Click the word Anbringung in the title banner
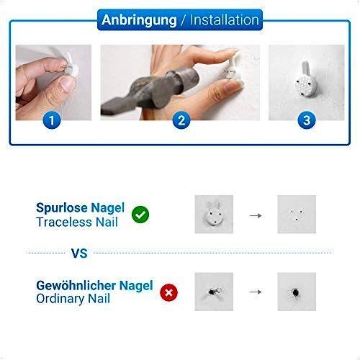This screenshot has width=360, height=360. [x=139, y=20]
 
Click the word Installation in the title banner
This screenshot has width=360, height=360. [x=225, y=20]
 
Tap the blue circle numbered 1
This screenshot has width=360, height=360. [x=52, y=120]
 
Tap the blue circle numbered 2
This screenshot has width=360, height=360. [x=181, y=120]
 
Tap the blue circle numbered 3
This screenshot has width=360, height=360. [x=307, y=120]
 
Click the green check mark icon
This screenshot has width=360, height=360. [x=140, y=215]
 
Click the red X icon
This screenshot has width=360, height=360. [x=169, y=292]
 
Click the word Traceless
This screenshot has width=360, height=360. [x=64, y=222]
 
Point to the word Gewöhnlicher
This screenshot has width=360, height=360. [x=76, y=286]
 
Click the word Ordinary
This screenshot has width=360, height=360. [x=60, y=299]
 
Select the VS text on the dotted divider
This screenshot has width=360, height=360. [x=79, y=253]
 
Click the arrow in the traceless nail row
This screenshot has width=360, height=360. [x=256, y=215]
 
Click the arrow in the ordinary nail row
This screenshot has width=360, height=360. [x=256, y=292]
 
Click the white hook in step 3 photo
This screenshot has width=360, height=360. [x=306, y=80]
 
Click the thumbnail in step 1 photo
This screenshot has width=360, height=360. [x=67, y=84]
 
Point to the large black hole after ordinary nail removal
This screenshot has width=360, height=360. [x=296, y=292]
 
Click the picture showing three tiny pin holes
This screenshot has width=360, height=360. [x=297, y=214]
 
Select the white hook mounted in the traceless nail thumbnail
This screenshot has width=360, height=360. [x=215, y=214]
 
